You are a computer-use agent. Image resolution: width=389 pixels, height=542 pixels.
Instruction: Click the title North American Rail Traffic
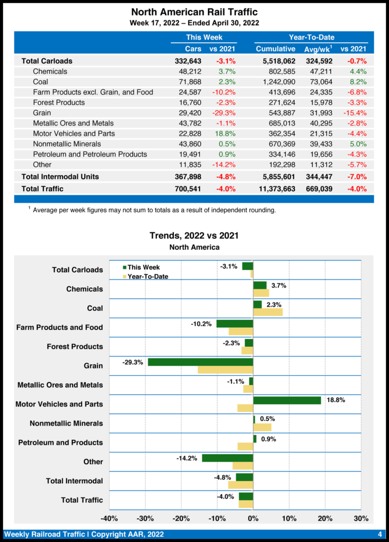[x=194, y=12]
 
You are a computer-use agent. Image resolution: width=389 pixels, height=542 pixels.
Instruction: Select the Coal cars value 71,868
[x=188, y=82]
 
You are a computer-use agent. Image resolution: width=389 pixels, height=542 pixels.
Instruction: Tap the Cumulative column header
[x=276, y=49]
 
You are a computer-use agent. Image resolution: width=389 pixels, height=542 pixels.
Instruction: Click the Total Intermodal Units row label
[x=60, y=176]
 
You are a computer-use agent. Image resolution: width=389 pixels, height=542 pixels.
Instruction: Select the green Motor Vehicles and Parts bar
[x=287, y=400]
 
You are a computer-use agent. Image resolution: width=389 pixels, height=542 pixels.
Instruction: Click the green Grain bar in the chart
[x=200, y=362]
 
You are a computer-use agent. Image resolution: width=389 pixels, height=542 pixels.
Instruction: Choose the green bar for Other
[x=227, y=458]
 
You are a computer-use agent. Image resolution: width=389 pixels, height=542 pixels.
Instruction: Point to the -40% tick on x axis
[x=109, y=518]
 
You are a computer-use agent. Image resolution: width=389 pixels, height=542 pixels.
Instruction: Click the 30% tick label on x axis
[x=360, y=518]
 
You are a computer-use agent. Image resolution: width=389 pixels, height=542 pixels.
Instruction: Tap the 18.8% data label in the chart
[x=336, y=400]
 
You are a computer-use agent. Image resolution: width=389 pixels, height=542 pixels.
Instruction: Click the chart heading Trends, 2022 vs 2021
[x=194, y=236]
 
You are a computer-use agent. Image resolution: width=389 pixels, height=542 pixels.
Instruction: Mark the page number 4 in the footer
[x=380, y=534]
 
